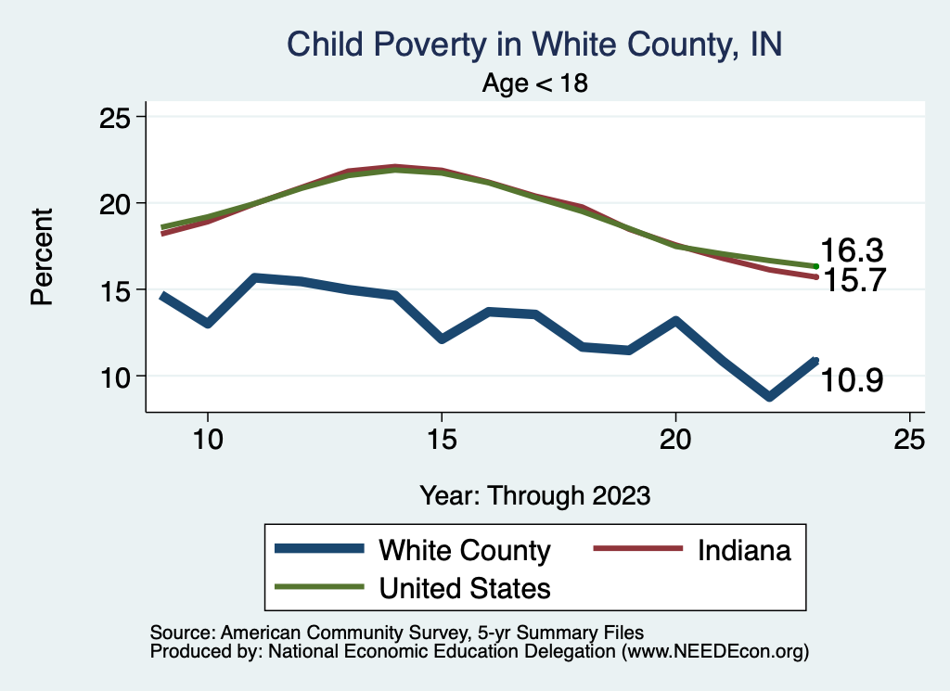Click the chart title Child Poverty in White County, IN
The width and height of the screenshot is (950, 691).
click(x=535, y=44)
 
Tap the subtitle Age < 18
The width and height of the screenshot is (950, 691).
click(x=535, y=83)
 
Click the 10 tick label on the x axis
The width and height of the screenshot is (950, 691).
click(x=208, y=440)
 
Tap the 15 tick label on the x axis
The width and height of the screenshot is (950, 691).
click(x=442, y=440)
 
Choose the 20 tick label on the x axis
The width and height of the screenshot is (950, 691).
click(x=675, y=440)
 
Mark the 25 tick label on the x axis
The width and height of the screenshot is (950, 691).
click(x=909, y=440)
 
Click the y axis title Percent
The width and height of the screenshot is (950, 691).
click(x=42, y=256)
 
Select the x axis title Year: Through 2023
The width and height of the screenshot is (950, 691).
click(x=535, y=494)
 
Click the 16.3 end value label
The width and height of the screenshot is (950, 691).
click(x=851, y=250)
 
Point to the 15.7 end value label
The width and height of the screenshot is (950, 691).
click(x=851, y=280)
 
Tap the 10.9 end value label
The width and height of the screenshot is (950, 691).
click(x=851, y=380)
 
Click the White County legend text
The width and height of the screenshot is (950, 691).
click(x=464, y=550)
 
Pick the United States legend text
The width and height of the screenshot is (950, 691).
click(x=464, y=587)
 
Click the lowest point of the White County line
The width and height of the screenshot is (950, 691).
click(x=769, y=396)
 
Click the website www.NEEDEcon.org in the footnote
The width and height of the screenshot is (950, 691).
click(x=713, y=652)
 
